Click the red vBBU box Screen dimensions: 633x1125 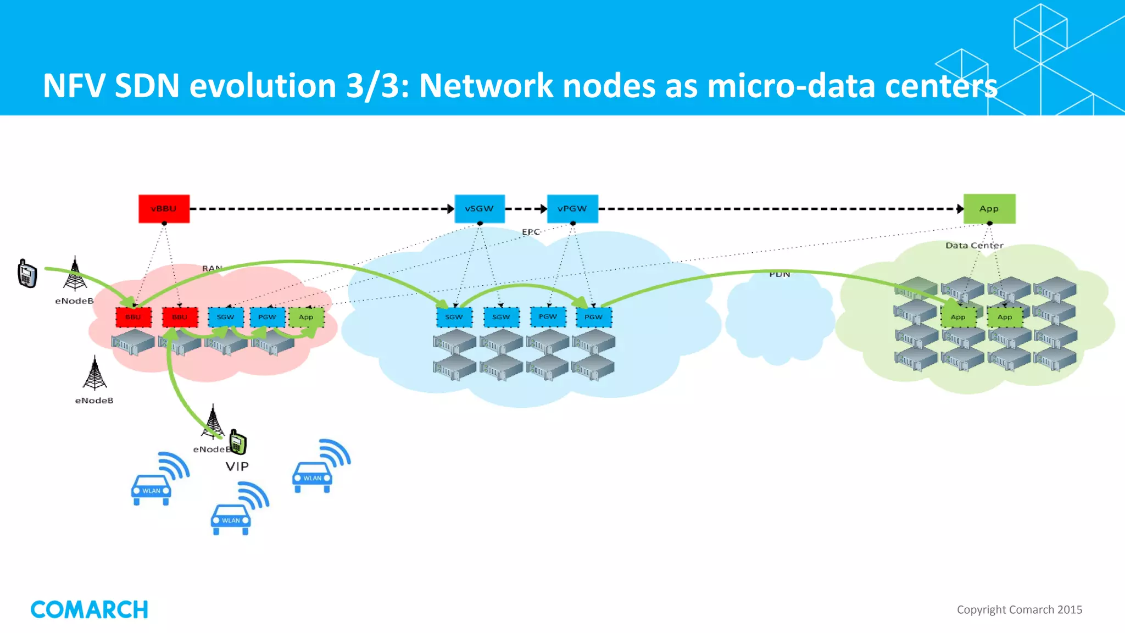pos(164,209)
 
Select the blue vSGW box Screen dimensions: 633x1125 pos(480,209)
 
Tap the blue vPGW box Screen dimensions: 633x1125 pos(572,209)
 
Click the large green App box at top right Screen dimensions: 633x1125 pos(989,209)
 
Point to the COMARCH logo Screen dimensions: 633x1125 pos(90,609)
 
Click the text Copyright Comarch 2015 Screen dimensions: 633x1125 pos(1019,609)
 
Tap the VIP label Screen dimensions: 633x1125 pos(237,467)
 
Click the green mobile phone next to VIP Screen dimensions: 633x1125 pos(238,442)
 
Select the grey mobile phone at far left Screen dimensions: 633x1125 pos(27,274)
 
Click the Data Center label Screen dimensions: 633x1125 pos(974,246)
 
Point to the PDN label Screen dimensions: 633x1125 pos(779,274)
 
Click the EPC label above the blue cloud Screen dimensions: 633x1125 pos(531,232)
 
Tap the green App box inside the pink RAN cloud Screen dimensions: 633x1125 pos(306,317)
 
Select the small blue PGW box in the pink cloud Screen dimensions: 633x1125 pos(268,317)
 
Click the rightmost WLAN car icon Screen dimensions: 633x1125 pos(313,477)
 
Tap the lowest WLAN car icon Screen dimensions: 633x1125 pos(231,519)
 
